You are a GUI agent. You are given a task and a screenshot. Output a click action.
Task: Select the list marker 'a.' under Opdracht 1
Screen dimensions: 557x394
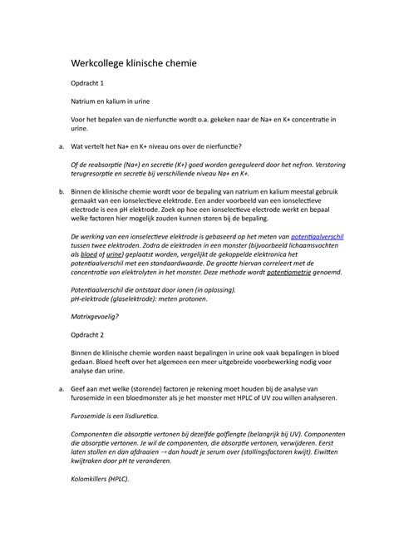click(x=53, y=147)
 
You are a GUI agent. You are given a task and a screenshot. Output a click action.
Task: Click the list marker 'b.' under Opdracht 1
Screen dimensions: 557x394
click(x=53, y=193)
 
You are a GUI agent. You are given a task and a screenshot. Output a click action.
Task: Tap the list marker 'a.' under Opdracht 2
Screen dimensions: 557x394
click(x=53, y=387)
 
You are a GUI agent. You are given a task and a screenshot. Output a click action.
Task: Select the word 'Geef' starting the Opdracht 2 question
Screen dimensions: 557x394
click(x=80, y=387)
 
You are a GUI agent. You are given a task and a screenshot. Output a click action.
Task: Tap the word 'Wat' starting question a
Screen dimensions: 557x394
click(x=78, y=147)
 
